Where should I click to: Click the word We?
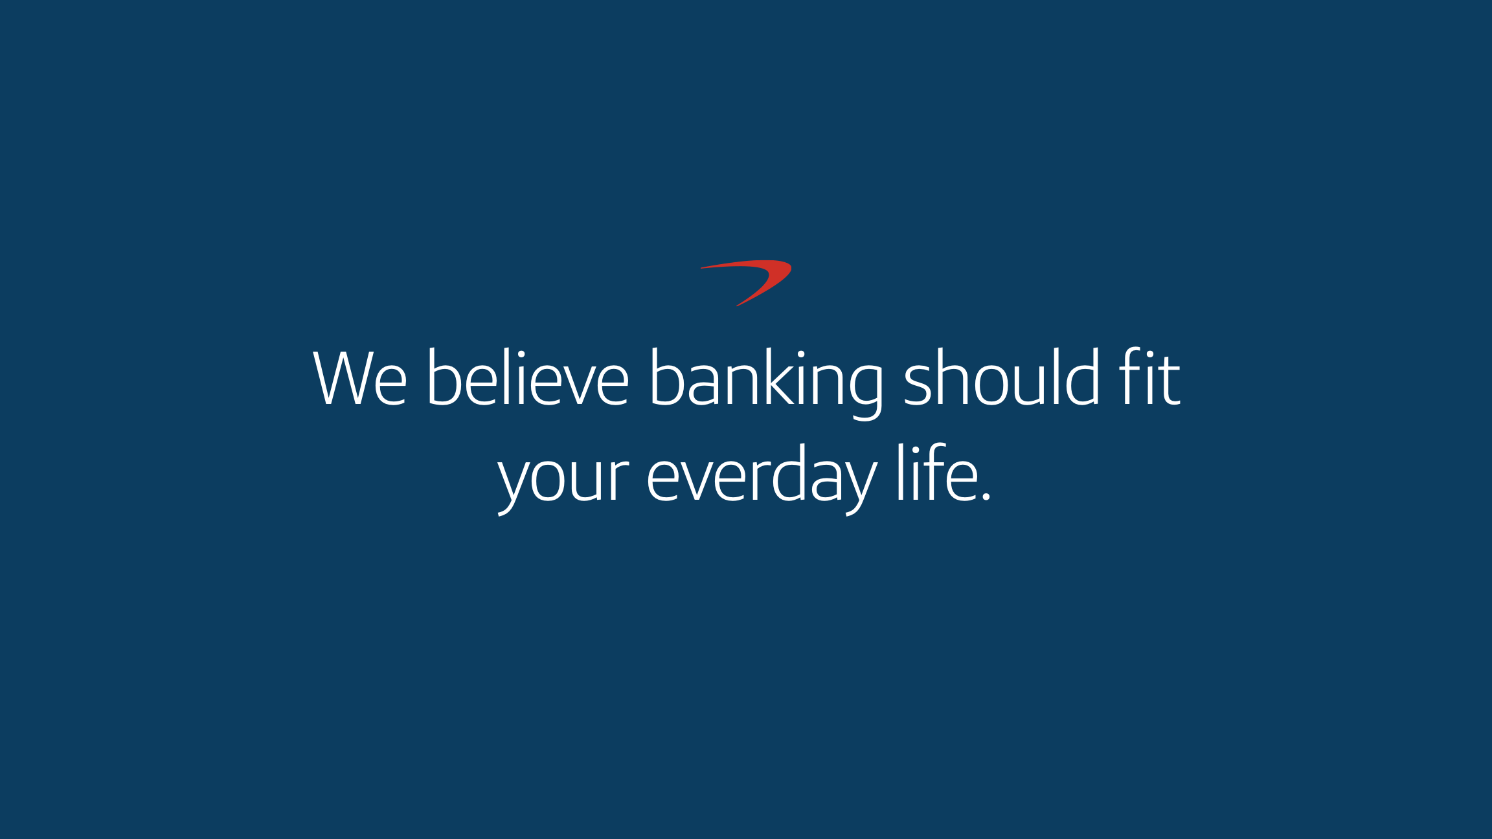coord(360,378)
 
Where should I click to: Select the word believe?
coord(528,377)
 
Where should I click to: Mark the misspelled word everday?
coord(762,479)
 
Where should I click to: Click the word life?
coord(937,473)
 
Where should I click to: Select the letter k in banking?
coord(782,377)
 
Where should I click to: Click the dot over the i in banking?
coord(802,353)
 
